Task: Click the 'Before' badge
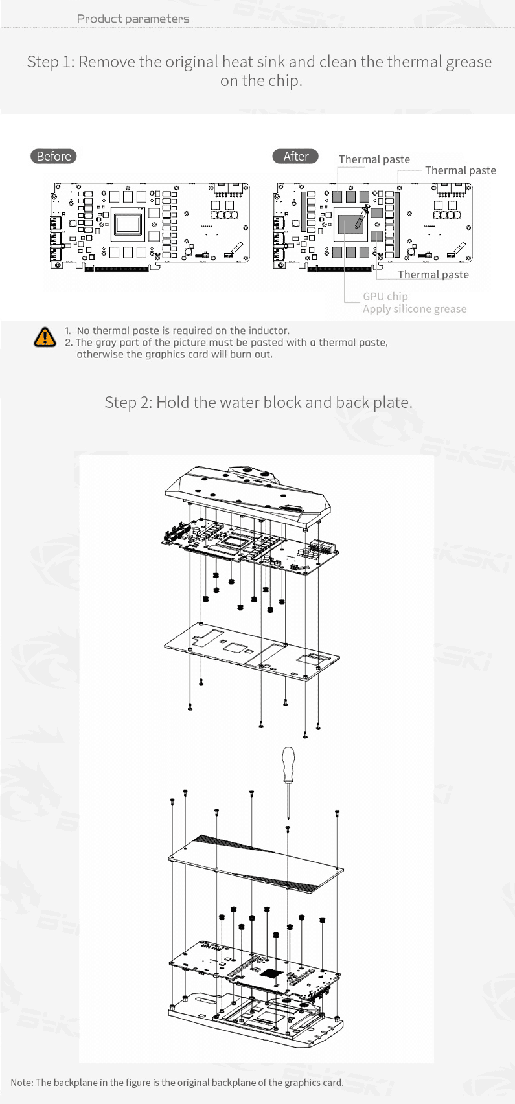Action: point(53,156)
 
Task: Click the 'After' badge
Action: point(295,156)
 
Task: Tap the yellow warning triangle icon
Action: point(45,337)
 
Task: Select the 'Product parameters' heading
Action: point(133,19)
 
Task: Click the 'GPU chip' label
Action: point(385,296)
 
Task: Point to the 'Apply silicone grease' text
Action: point(415,309)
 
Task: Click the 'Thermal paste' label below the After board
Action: point(433,275)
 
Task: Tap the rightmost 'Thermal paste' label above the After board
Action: point(460,170)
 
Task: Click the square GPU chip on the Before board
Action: point(128,225)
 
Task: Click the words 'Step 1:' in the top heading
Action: point(51,62)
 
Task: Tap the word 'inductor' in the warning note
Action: point(268,331)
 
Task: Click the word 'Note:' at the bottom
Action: point(22,1083)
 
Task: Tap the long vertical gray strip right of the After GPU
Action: point(396,224)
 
